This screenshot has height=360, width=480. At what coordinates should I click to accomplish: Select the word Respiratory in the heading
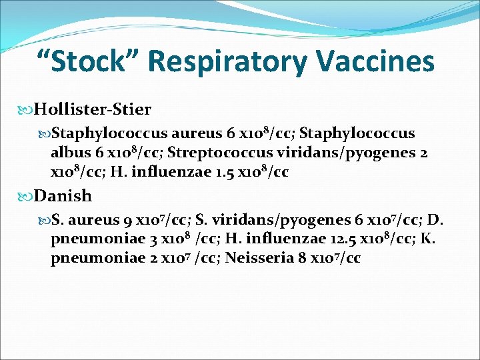223,63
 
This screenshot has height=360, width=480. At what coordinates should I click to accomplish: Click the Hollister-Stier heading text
93,109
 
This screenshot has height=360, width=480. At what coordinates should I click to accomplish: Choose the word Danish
63,196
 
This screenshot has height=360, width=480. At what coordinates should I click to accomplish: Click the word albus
69,153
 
